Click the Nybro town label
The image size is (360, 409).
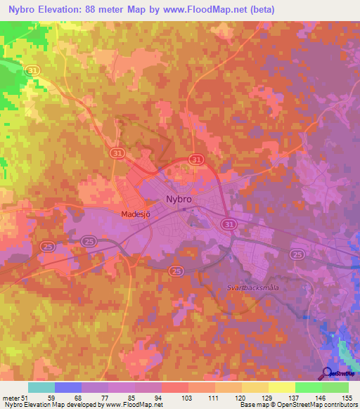pos(179,200)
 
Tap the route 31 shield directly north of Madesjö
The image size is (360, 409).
pos(118,152)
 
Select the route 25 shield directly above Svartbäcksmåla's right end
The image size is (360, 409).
pos(297,254)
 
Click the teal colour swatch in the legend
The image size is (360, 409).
pos(41,387)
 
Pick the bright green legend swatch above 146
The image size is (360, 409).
pos(308,387)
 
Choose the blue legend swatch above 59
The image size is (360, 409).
pos(67,387)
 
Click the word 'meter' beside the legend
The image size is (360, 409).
pos(11,397)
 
